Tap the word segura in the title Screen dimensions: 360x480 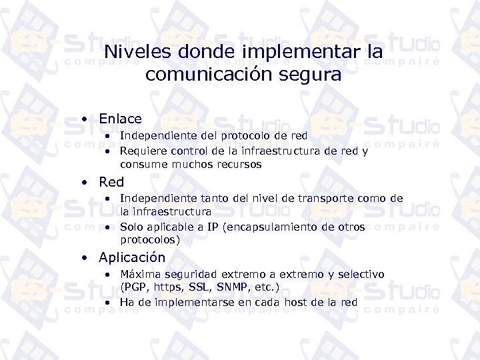pos(309,74)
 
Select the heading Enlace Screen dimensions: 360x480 pos(120,119)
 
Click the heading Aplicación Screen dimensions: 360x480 pos(132,257)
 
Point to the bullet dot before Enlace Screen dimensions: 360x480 pos(85,119)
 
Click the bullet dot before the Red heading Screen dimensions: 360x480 pos(85,182)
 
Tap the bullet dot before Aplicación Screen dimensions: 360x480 pos(85,257)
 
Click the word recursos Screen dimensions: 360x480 pos(239,164)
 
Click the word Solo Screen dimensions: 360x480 pos(131,227)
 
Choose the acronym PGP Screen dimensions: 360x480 pos(136,287)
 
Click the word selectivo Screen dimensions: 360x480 pos(361,274)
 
